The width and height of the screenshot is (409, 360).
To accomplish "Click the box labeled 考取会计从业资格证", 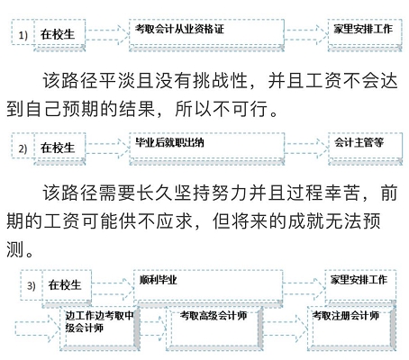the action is click(x=206, y=34).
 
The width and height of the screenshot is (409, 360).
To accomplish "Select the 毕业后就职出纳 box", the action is click(x=206, y=148).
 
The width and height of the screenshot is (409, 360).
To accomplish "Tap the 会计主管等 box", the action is click(x=365, y=148).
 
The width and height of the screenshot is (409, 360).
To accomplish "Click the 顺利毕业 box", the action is click(x=208, y=287).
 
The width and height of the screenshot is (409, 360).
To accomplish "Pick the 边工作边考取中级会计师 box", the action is click(x=100, y=328).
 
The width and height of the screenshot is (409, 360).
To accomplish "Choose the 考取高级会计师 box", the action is click(x=214, y=328).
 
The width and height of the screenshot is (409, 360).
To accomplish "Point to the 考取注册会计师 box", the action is click(x=352, y=328).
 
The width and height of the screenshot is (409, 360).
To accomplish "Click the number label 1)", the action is click(x=23, y=35).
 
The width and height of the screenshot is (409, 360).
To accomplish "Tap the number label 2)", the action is click(x=23, y=148).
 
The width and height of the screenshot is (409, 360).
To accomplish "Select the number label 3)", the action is click(x=32, y=285).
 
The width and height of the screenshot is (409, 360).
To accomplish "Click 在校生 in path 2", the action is click(x=58, y=148).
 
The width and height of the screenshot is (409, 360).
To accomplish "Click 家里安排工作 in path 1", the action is click(x=363, y=29).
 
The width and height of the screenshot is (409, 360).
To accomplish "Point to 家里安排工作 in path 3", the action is click(x=359, y=280).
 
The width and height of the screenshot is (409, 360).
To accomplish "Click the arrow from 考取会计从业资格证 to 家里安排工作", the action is click(x=306, y=34).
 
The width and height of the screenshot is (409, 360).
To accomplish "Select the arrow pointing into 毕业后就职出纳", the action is click(x=107, y=148).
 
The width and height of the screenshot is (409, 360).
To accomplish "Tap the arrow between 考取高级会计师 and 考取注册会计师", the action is click(x=286, y=328).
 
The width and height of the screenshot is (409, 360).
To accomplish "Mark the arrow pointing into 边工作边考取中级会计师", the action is click(x=37, y=328).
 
